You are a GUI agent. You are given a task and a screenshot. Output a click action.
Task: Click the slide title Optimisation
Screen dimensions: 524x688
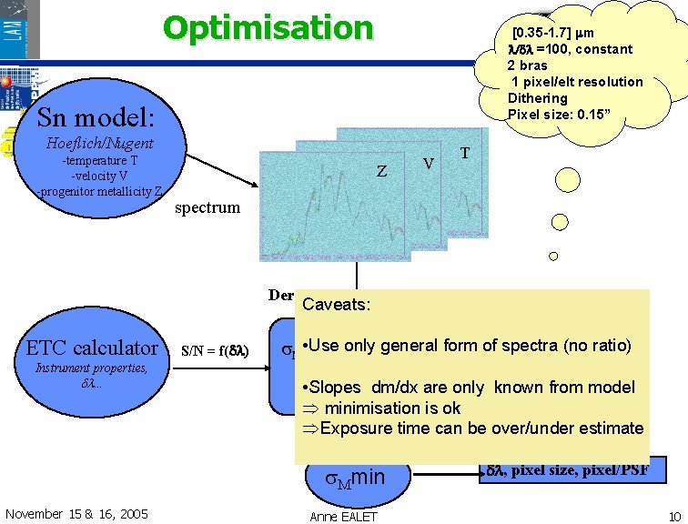(268, 28)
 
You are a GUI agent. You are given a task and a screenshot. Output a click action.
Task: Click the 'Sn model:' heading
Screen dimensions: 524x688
(96, 116)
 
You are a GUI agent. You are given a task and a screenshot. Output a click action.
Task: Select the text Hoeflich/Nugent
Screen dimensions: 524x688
(99, 143)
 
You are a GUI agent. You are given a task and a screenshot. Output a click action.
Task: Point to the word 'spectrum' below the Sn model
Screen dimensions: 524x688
(207, 207)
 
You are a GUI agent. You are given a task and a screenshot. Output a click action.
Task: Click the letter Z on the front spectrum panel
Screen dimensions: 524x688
(382, 172)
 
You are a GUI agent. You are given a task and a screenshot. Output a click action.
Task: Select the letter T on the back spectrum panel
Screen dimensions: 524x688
(465, 154)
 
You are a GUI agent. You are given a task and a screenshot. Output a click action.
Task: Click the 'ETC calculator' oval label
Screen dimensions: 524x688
(91, 348)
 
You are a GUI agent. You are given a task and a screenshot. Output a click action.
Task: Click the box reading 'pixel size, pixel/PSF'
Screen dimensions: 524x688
(572, 469)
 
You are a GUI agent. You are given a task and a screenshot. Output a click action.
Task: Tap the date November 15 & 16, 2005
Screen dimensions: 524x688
(76, 514)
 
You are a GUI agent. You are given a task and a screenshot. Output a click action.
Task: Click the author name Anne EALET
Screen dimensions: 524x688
(342, 516)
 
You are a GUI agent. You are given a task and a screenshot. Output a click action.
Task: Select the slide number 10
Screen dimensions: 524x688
(673, 516)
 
